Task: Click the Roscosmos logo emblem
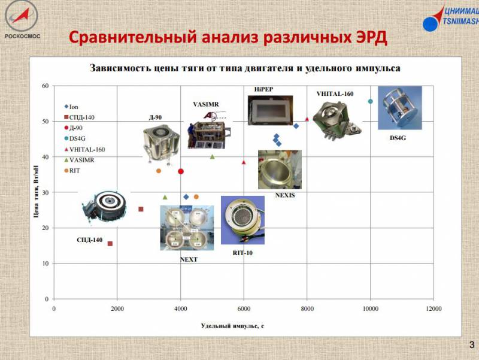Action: click(x=21, y=16)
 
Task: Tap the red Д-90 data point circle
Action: click(x=181, y=171)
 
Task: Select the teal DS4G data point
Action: click(x=370, y=101)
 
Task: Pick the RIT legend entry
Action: click(x=72, y=171)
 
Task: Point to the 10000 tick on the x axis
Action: click(x=370, y=309)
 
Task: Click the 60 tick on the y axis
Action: click(x=46, y=86)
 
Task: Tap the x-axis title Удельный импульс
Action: click(x=232, y=326)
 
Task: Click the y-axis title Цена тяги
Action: click(x=36, y=191)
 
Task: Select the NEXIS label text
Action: click(x=285, y=195)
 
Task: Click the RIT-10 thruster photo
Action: click(x=242, y=220)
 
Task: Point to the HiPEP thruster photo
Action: click(x=270, y=110)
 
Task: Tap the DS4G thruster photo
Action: click(x=400, y=108)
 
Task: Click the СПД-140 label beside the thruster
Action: click(x=89, y=240)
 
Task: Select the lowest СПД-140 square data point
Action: click(x=110, y=244)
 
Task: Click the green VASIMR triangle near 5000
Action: click(x=213, y=157)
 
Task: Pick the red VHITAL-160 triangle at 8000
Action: click(x=307, y=119)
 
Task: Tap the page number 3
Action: click(x=472, y=345)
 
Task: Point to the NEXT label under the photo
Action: click(x=189, y=259)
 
